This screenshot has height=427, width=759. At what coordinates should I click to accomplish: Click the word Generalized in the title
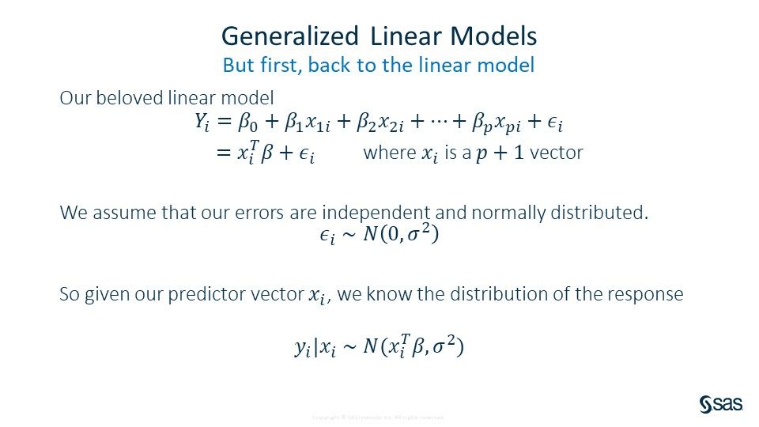coord(289,36)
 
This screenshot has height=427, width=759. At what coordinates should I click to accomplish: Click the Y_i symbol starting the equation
coord(203,123)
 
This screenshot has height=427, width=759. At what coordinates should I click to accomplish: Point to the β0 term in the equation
coord(247,123)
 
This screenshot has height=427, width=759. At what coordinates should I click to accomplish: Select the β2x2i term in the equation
coord(379,123)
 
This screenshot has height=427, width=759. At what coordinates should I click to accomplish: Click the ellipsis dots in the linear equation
coord(440,123)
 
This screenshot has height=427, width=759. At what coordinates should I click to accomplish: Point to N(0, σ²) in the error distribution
coord(399,235)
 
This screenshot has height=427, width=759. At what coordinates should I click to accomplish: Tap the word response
coord(648,294)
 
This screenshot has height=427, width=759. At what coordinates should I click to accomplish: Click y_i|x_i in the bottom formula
coord(315,348)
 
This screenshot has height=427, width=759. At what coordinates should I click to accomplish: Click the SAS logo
coord(720,404)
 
